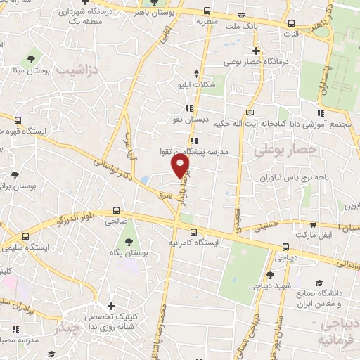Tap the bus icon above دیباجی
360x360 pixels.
(285, 247)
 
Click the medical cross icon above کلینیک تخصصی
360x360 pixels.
(110, 306)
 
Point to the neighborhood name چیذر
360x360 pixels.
(70, 328)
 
